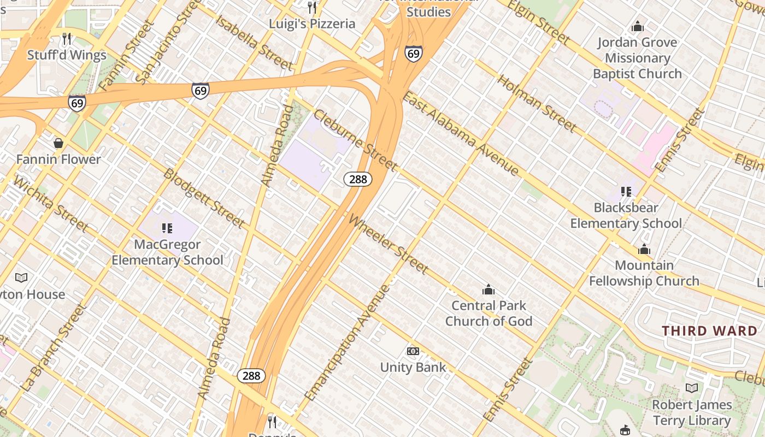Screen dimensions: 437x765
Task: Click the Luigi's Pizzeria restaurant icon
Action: coord(312,8)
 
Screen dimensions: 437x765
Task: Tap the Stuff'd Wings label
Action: coord(67,55)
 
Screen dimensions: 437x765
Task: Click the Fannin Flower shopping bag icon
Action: coord(58,144)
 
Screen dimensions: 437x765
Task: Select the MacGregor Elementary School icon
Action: coord(167,228)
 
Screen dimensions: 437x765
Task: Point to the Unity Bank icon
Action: coord(413,351)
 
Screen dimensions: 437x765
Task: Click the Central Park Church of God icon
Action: coord(489,290)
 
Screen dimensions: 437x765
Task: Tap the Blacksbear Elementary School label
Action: coord(626,215)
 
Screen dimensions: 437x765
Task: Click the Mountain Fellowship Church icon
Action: coord(644,250)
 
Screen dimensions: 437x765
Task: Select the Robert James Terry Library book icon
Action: coord(692,388)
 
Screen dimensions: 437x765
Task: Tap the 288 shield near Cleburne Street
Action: coord(358,179)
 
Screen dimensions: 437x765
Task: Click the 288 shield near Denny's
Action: coord(251,376)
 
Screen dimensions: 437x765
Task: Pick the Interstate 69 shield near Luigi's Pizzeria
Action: coord(414,54)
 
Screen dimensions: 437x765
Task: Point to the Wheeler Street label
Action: coord(389,244)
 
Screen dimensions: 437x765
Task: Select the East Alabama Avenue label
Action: coord(460,134)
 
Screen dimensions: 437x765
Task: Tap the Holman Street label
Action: coord(537,103)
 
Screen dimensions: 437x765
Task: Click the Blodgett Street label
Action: coord(204,198)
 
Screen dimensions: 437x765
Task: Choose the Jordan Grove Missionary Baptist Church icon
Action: coord(637,26)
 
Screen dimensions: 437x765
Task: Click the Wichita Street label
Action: coord(50,203)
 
